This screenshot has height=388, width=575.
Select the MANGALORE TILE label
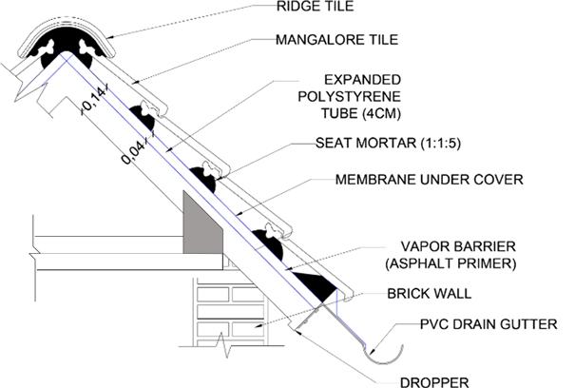coord(338,41)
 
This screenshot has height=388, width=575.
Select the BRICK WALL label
coord(435,294)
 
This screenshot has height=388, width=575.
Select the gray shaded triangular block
coord(201,225)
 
